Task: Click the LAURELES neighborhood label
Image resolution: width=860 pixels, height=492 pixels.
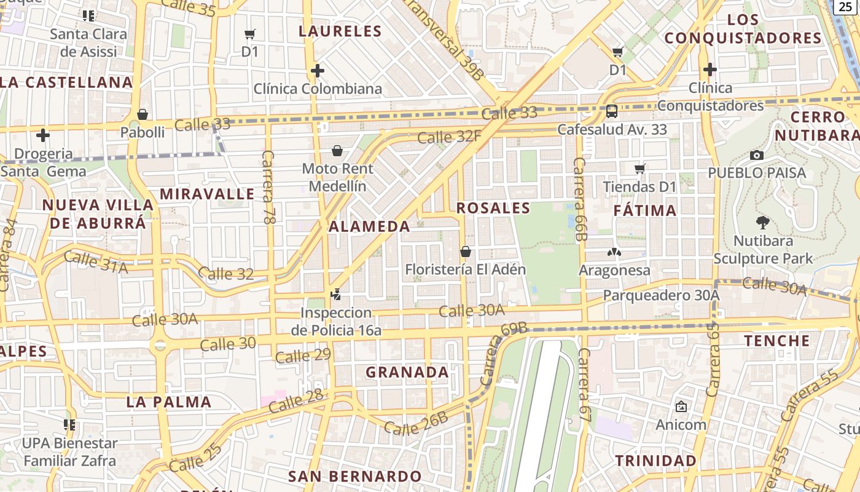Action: [x=340, y=31]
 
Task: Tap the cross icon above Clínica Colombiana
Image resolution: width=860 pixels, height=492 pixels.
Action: [x=318, y=71]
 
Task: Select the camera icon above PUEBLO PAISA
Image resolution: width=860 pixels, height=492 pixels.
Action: [x=757, y=155]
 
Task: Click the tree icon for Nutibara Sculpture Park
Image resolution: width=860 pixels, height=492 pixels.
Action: [x=763, y=223]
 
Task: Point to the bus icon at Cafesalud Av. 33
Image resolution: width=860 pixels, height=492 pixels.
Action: [x=612, y=111]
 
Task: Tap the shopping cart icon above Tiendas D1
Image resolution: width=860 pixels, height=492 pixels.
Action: [x=639, y=169]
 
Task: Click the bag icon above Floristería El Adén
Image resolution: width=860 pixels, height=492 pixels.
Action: [x=466, y=252]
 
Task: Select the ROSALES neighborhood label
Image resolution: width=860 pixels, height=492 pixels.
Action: [x=493, y=208]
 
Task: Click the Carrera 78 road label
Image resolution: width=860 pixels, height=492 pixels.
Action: [x=269, y=186]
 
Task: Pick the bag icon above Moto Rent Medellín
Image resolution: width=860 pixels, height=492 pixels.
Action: [x=337, y=151]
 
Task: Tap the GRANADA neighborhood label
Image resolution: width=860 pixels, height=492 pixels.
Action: [x=407, y=373]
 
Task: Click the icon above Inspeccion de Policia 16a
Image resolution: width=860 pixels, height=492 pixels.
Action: [x=335, y=295]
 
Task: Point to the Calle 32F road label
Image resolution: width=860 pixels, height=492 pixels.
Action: [x=449, y=137]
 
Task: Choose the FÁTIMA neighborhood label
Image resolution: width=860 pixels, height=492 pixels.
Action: [x=645, y=211]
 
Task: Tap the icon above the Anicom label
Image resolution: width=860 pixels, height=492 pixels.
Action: [x=681, y=407]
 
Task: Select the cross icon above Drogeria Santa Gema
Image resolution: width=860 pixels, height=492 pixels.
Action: [x=43, y=135]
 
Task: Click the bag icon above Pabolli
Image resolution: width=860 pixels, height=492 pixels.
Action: [x=143, y=114]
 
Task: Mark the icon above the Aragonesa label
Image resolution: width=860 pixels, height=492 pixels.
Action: [x=614, y=252]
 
